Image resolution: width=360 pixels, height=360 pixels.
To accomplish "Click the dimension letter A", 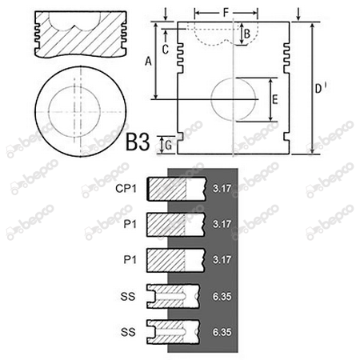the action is (x=148, y=62).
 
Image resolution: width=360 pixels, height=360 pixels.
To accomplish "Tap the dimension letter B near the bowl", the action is (x=247, y=34).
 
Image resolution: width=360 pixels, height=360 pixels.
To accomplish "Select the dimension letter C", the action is (x=166, y=50).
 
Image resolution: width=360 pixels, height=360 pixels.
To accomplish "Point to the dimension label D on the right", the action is (x=318, y=88).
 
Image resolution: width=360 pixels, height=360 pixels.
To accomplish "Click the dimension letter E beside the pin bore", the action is (x=275, y=99).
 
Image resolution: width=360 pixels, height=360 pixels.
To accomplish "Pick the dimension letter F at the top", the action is (x=226, y=12).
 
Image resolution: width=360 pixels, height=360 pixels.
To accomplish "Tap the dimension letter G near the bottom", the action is (x=168, y=146).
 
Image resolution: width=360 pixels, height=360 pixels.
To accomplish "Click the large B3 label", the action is (x=138, y=142).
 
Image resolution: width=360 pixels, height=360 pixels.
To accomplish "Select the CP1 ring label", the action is (x=126, y=189).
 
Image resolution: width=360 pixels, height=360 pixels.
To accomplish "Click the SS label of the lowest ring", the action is (x=128, y=332).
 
